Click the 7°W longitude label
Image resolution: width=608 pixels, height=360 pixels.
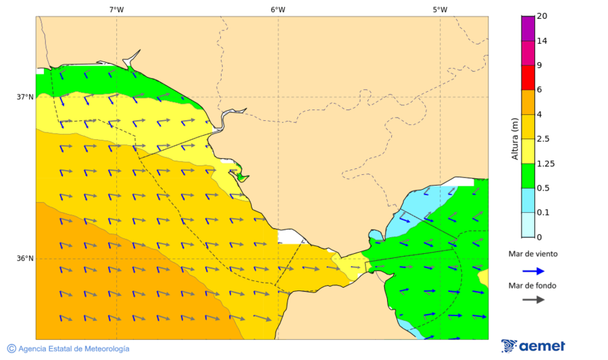[116, 9]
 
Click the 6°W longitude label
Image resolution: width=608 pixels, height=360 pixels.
[278, 9]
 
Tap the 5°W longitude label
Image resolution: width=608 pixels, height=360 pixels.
[440, 9]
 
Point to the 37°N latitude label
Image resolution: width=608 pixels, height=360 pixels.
[25, 97]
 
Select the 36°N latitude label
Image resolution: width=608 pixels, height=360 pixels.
[25, 259]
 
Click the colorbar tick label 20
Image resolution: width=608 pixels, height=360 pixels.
[542, 16]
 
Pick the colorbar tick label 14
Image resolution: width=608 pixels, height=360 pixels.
[542, 41]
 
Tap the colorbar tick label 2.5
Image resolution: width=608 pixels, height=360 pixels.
[543, 139]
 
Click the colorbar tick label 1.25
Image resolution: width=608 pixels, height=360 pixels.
[545, 163]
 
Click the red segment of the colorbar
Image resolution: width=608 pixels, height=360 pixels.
[528, 78]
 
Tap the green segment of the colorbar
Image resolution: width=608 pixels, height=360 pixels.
[528, 176]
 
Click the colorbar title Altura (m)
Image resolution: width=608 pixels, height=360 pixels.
[515, 138]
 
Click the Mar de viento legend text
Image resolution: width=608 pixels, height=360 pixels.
[533, 254]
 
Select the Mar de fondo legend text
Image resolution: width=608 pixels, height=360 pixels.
[533, 285]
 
